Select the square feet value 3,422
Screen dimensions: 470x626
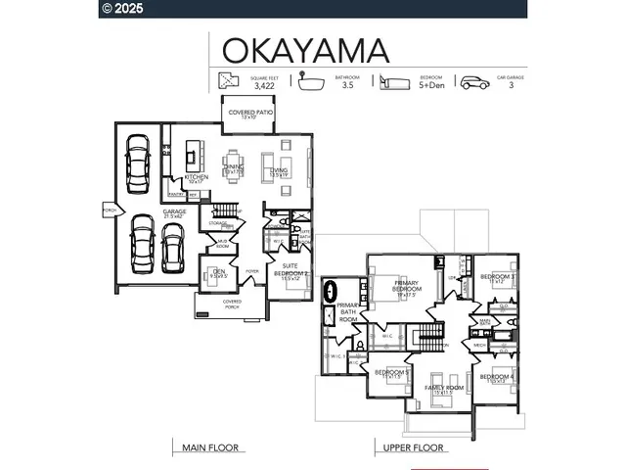263,86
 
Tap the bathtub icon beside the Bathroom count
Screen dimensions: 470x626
312,81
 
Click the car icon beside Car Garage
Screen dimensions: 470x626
474,82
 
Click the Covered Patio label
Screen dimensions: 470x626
250,114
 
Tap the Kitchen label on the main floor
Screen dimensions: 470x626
196,178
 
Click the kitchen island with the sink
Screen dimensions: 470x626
193,153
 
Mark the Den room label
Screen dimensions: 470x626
219,273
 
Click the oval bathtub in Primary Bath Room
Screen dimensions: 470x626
332,291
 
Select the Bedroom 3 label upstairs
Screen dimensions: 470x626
497,278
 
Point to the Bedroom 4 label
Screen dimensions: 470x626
497,378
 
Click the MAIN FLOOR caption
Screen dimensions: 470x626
210,447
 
